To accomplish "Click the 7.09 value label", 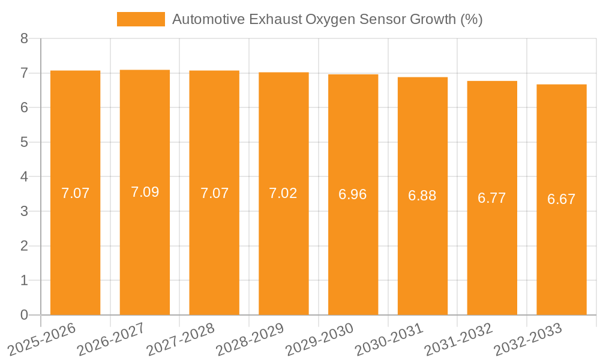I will pyautogui.click(x=145, y=193).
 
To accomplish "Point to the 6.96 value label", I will pyautogui.click(x=353, y=194).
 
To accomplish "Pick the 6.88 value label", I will pyautogui.click(x=422, y=196).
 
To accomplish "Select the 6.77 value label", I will pyautogui.click(x=492, y=198).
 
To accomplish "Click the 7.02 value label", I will pyautogui.click(x=283, y=193).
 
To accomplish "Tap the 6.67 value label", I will pyautogui.click(x=562, y=199).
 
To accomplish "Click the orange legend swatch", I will pyautogui.click(x=141, y=19).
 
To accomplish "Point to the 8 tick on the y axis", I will pyautogui.click(x=24, y=39).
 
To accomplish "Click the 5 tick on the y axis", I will pyautogui.click(x=24, y=142).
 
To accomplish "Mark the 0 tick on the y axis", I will pyautogui.click(x=24, y=315).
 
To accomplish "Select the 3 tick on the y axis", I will pyautogui.click(x=24, y=211).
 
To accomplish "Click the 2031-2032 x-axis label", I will pyautogui.click(x=458, y=339).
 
